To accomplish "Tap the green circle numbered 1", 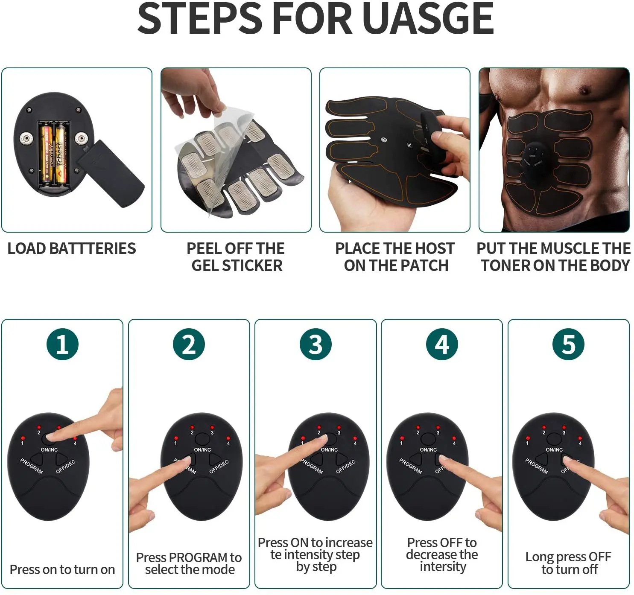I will [62, 344].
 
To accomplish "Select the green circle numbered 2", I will [189, 344].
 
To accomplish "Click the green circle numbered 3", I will [316, 344].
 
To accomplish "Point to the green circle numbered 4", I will [442, 344].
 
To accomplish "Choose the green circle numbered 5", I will [568, 344].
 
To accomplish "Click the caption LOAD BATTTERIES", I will [72, 248].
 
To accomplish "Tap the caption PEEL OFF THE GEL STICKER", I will [236, 257].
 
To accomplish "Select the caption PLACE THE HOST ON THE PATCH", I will [395, 257].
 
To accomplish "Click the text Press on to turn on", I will [62, 569].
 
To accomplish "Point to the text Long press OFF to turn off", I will [568, 563].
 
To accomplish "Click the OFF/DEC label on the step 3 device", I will [345, 467].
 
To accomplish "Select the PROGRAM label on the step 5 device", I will [536, 466].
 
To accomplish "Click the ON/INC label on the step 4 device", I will [428, 449].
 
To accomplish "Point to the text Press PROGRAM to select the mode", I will [189, 563].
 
